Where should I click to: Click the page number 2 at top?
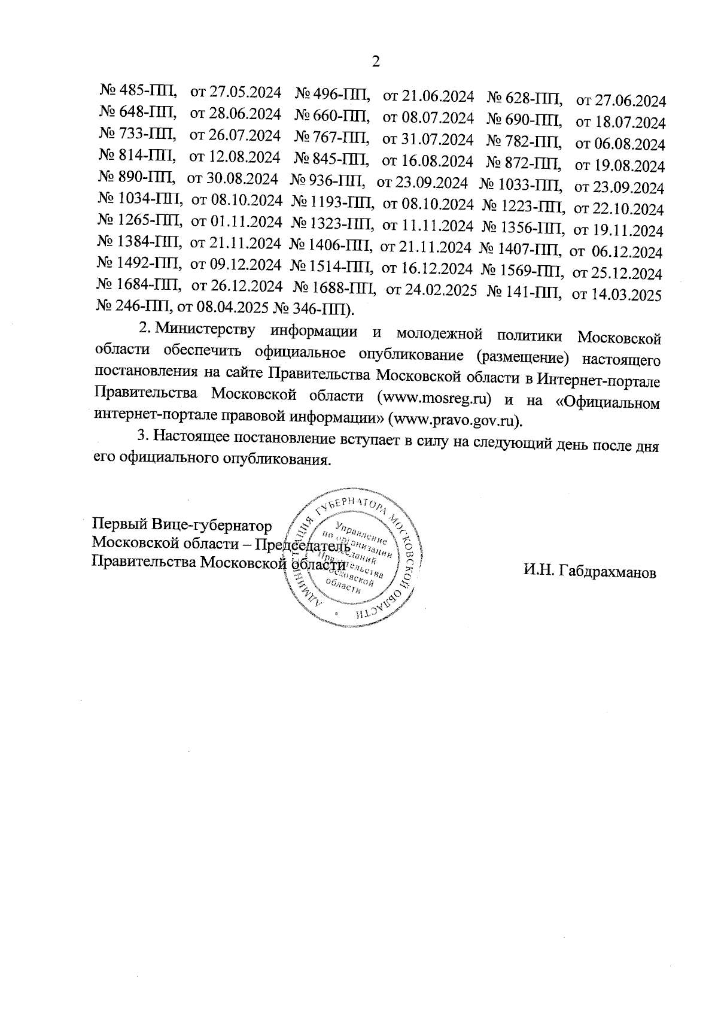click(x=376, y=62)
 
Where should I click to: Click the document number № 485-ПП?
click(x=138, y=92)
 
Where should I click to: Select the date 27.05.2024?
click(x=246, y=93)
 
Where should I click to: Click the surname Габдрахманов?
click(x=589, y=572)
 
